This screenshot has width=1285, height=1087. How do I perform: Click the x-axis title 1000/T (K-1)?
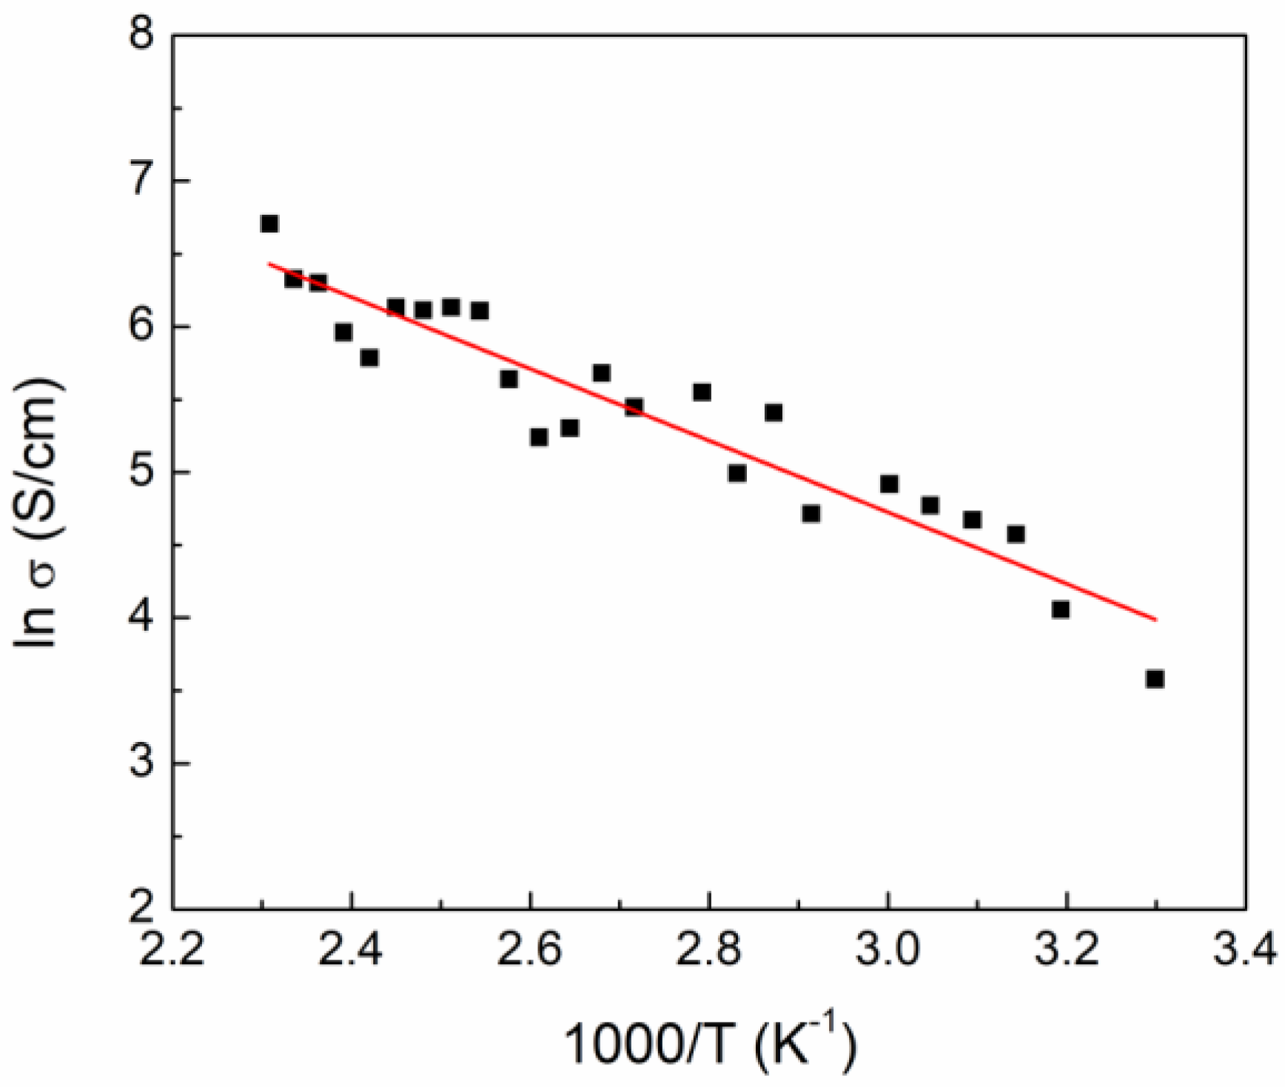pos(709,1044)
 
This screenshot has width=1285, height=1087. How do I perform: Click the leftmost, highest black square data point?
pos(269,224)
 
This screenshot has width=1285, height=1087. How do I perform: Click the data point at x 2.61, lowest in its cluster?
pos(539,438)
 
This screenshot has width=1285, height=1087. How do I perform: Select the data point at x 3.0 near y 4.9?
pos(889,484)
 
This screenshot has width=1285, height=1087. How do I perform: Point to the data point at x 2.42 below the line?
pos(369,358)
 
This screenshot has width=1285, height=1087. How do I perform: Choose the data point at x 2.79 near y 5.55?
pos(702,392)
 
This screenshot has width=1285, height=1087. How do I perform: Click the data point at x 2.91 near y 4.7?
pos(811,514)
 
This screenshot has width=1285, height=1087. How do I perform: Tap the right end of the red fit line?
pos(1155,620)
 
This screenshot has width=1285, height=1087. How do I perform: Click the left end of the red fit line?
pos(269,264)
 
